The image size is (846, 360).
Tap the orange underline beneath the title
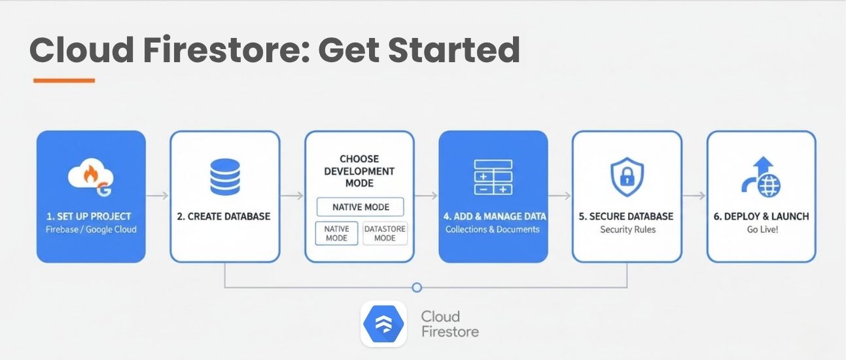point(63,81)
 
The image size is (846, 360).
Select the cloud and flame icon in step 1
point(91,177)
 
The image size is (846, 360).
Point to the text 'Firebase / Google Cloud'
point(91,230)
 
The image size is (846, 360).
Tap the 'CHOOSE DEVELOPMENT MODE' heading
point(359,171)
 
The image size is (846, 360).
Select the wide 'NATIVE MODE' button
point(360,207)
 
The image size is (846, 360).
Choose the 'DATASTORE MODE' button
point(385,233)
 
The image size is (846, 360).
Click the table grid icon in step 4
point(493,177)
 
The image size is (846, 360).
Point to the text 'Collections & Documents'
point(493,230)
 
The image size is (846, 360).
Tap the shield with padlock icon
point(627,177)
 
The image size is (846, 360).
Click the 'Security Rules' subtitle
point(627,230)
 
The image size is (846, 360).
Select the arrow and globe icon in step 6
point(761,177)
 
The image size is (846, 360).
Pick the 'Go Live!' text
point(762,230)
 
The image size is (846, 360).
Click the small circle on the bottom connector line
point(417,287)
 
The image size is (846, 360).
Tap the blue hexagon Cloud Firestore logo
point(383,323)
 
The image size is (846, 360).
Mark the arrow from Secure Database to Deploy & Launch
point(694,196)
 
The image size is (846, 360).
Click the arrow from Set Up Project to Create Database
point(158,196)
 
